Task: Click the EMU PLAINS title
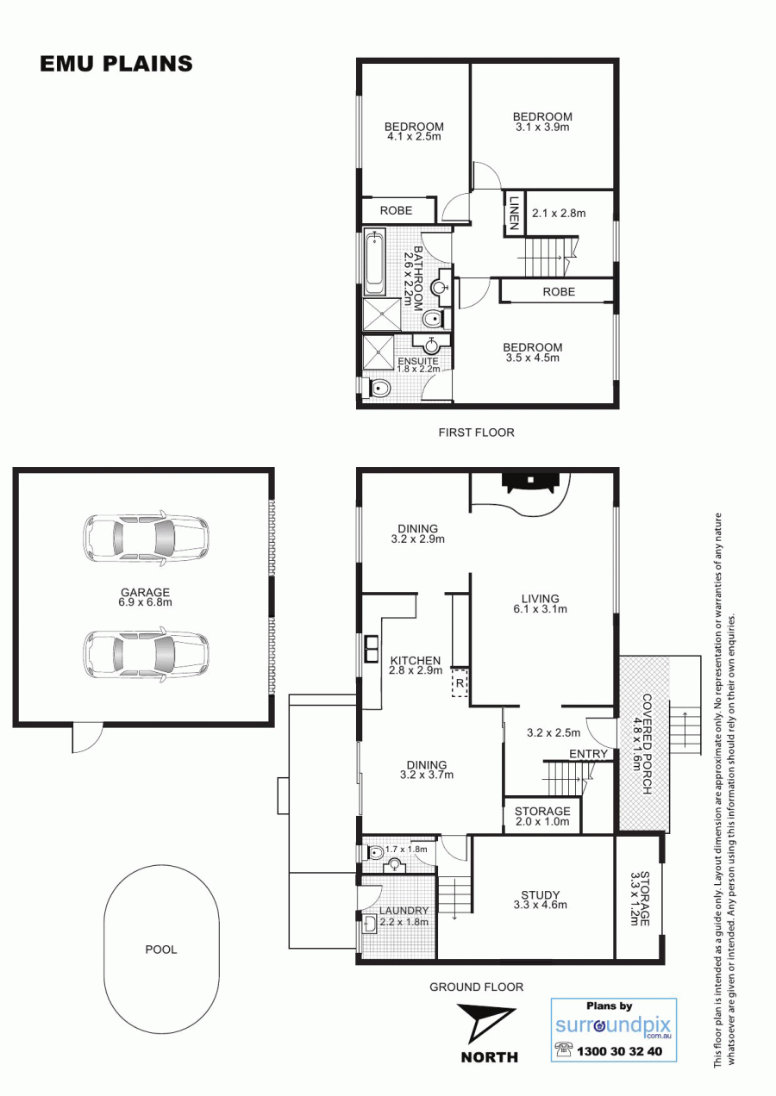[x=116, y=64]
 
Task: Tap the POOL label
[x=161, y=950]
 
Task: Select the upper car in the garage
[x=146, y=539]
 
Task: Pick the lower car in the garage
[x=146, y=655]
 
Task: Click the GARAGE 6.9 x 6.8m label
[x=145, y=597]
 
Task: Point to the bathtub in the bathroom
[x=375, y=264]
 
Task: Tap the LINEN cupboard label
[x=514, y=213]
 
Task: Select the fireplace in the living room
[x=529, y=482]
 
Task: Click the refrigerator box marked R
[x=460, y=682]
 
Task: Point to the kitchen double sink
[x=371, y=649]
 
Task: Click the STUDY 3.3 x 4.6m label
[x=540, y=900]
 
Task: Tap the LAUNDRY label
[x=404, y=911]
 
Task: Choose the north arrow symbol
[x=485, y=1023]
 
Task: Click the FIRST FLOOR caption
[x=476, y=433]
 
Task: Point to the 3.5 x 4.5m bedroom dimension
[x=533, y=358]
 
